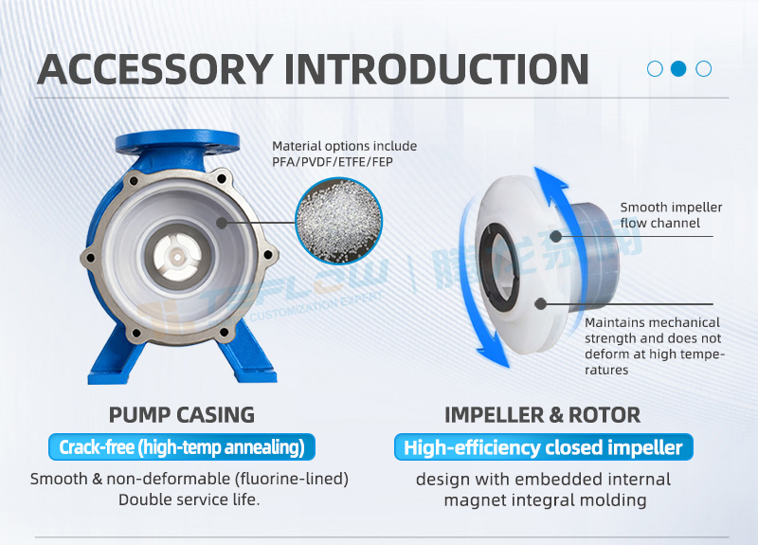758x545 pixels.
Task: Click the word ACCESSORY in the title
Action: click(154, 69)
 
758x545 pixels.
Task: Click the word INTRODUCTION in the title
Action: click(437, 69)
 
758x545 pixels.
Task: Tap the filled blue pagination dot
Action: click(678, 68)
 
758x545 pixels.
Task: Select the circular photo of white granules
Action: click(338, 221)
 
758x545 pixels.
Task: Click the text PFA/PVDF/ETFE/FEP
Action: click(333, 162)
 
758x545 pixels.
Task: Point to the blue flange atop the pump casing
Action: click(177, 141)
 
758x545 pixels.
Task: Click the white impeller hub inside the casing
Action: click(177, 256)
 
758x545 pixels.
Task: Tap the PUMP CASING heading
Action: click(181, 415)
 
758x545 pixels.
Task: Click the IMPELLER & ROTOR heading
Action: click(542, 415)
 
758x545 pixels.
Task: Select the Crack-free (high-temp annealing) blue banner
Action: click(182, 447)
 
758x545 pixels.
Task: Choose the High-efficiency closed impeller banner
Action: click(543, 447)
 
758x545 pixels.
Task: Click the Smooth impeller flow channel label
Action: click(671, 215)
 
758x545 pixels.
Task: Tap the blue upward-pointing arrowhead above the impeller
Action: click(550, 178)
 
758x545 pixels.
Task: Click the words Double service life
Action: click(189, 500)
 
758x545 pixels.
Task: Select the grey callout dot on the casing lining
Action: click(222, 223)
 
